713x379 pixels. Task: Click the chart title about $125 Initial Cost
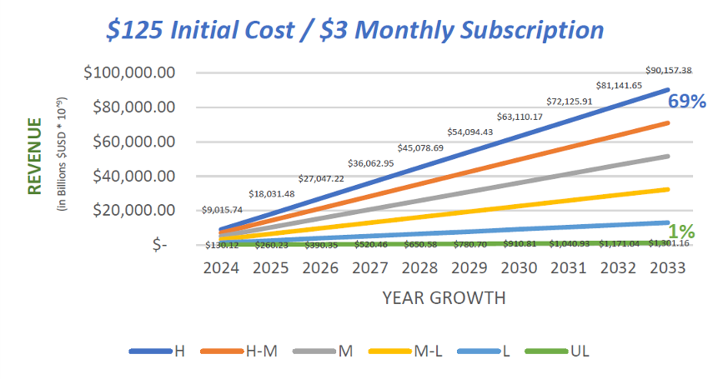(x=355, y=30)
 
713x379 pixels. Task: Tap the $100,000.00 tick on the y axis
(x=129, y=72)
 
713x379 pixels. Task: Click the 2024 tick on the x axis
(x=222, y=268)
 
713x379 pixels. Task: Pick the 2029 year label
(x=469, y=268)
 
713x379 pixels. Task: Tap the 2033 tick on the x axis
(x=667, y=268)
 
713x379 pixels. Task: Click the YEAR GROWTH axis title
(x=444, y=297)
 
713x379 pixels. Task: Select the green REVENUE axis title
(x=35, y=156)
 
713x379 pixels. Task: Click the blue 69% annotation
(x=685, y=102)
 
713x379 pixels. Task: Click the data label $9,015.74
(x=223, y=210)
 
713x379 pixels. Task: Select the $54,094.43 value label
(x=470, y=132)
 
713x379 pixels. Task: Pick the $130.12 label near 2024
(x=222, y=245)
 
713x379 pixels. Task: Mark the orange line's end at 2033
(x=668, y=122)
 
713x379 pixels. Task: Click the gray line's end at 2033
(x=668, y=156)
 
